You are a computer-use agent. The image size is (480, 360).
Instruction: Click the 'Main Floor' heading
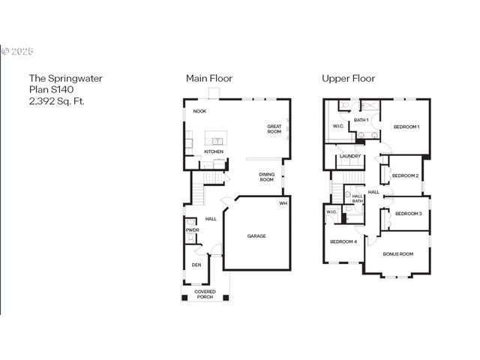point(209,78)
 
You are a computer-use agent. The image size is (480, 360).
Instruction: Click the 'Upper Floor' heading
point(348,78)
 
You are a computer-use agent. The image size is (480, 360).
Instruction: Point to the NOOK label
point(199,111)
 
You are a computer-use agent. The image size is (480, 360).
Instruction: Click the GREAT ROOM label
point(274,129)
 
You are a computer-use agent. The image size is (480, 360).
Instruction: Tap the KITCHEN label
point(214,151)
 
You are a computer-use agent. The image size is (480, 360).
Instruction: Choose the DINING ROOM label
point(266,177)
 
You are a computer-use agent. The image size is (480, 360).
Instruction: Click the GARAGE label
point(256,236)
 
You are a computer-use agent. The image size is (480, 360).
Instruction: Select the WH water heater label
point(283,203)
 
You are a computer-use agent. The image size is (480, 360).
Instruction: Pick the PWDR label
point(192,230)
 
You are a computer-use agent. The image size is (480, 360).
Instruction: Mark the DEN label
point(196,265)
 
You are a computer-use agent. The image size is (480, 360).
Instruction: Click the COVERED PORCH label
point(205,294)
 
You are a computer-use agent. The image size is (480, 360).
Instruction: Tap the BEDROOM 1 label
point(406,127)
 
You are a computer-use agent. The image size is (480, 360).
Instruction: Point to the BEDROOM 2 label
point(405,176)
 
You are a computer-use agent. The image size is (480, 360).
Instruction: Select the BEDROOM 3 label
point(409,214)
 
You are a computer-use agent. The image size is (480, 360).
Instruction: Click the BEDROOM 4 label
point(343,241)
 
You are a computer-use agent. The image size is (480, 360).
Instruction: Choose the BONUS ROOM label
point(398,254)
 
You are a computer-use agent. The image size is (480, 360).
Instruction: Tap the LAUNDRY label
point(350,156)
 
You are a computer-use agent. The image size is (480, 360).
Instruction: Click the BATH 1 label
point(361,120)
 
